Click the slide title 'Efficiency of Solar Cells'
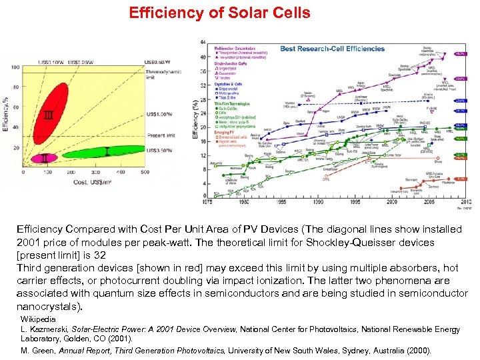click(219, 13)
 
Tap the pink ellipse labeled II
click(45, 158)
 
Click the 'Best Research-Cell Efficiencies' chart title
click(332, 49)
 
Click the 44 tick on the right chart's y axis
click(203, 41)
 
